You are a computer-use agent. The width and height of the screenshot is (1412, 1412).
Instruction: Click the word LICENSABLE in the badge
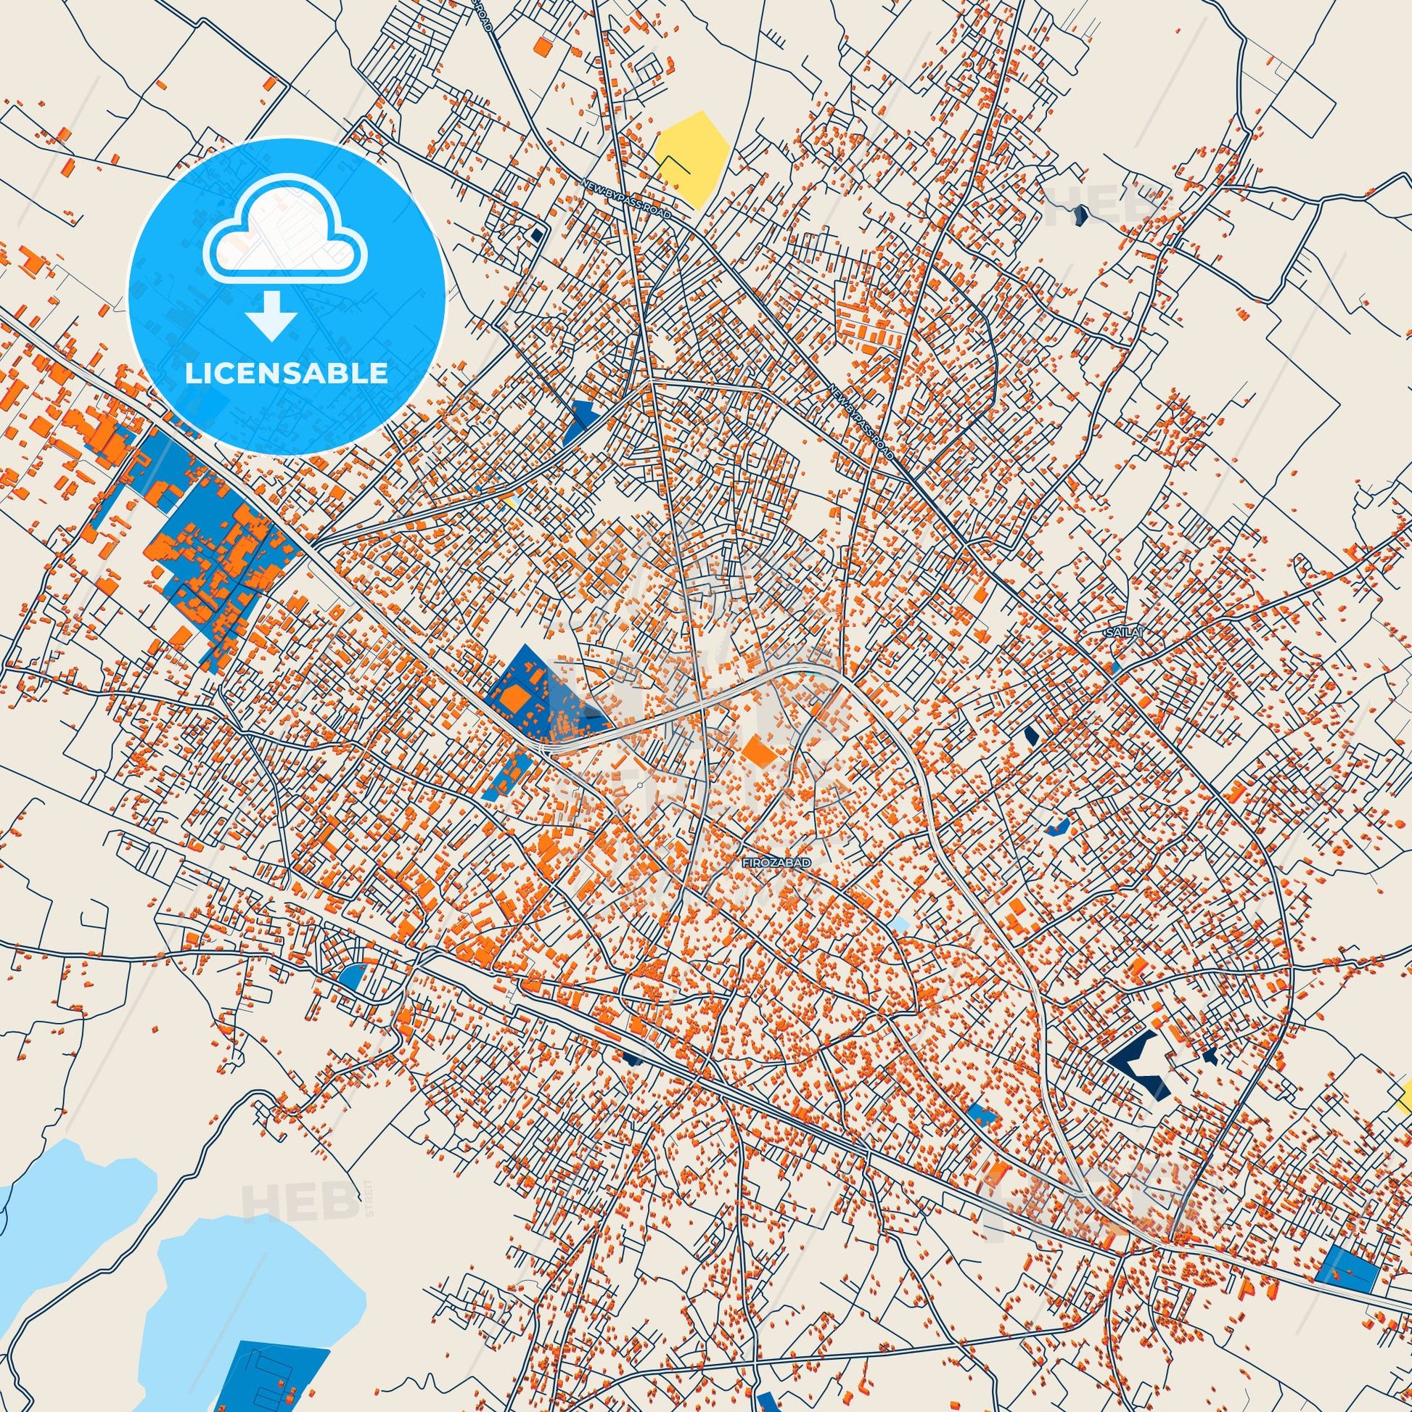click(x=287, y=374)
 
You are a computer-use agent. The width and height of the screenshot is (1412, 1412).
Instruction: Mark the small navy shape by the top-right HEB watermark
click(x=1081, y=214)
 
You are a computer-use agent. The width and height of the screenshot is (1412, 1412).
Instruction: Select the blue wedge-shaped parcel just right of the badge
click(x=579, y=422)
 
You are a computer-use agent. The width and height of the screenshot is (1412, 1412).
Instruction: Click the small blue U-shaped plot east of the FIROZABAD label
click(x=1057, y=826)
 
